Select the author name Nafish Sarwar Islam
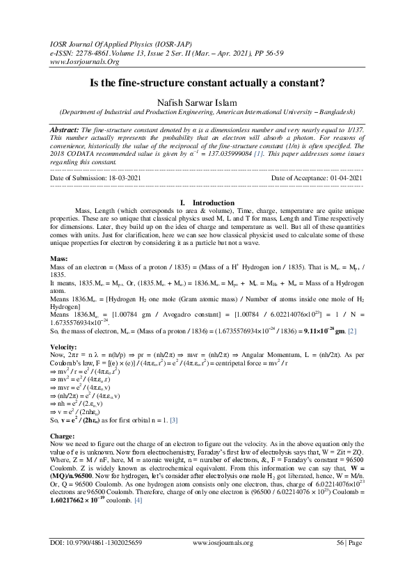(207, 102)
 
